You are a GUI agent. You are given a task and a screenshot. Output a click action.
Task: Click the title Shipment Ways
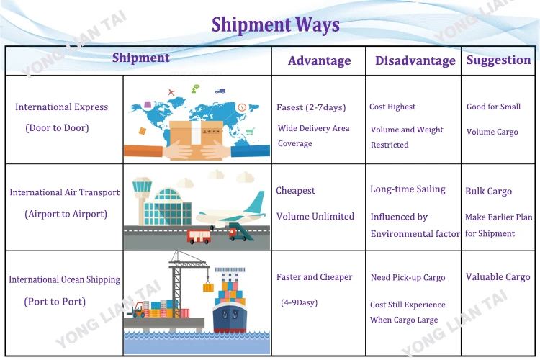(x=275, y=25)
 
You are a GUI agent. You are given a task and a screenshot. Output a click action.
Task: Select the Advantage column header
(x=319, y=60)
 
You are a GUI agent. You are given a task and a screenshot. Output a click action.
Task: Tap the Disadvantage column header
(x=415, y=60)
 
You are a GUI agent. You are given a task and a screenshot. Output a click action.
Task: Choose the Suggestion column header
(x=498, y=60)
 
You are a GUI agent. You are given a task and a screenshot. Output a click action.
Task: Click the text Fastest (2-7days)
(x=311, y=107)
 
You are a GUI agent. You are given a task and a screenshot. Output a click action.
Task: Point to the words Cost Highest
(x=392, y=107)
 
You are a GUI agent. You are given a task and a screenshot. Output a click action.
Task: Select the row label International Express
(x=61, y=107)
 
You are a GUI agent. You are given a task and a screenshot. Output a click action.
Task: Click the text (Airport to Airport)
(x=66, y=214)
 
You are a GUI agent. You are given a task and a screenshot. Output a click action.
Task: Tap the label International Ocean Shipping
(x=64, y=279)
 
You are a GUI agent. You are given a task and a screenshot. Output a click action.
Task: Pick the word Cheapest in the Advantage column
(x=295, y=191)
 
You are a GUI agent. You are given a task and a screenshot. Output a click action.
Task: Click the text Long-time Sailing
(x=408, y=189)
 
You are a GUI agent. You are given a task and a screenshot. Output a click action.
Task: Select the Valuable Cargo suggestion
(x=498, y=277)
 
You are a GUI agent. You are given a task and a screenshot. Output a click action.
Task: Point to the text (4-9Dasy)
(x=299, y=302)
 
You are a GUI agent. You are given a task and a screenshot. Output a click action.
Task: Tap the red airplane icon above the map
(x=171, y=92)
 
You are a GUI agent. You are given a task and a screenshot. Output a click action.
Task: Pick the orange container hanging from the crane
(x=208, y=287)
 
